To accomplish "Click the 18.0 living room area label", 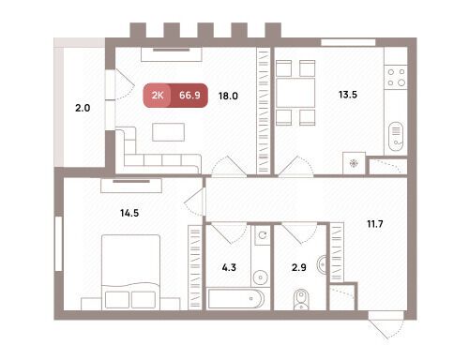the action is pyautogui.click(x=228, y=96).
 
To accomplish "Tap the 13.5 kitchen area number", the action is pyautogui.click(x=348, y=95).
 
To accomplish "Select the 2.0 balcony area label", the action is pyautogui.click(x=83, y=108).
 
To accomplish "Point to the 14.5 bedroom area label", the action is pyautogui.click(x=129, y=213).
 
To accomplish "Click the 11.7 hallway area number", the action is pyautogui.click(x=375, y=224).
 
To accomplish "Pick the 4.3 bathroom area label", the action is pyautogui.click(x=229, y=267).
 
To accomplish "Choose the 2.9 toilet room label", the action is pyautogui.click(x=299, y=267).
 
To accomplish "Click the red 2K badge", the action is pyautogui.click(x=158, y=96).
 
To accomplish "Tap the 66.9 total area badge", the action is pyautogui.click(x=189, y=96).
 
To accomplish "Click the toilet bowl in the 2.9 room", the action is pyautogui.click(x=301, y=300).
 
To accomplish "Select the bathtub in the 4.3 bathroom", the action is pyautogui.click(x=236, y=299).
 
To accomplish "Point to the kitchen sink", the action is pyautogui.click(x=396, y=137).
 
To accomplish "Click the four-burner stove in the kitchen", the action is pyautogui.click(x=396, y=77).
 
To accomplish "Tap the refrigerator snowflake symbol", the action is pyautogui.click(x=354, y=163).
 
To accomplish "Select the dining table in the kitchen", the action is pyautogui.click(x=295, y=93).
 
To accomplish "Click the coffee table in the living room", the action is pyautogui.click(x=168, y=132).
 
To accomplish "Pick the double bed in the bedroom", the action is pyautogui.click(x=131, y=272).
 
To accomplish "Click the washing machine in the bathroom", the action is pyautogui.click(x=263, y=235).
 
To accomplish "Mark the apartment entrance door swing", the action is pyautogui.click(x=387, y=325).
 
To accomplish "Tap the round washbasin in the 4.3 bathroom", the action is pyautogui.click(x=261, y=277).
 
